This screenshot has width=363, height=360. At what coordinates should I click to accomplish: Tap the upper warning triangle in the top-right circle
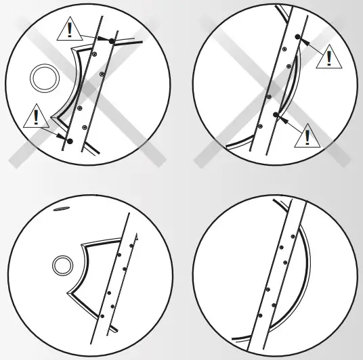pyautogui.click(x=328, y=56)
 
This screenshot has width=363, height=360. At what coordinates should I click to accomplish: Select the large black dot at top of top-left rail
pyautogui.click(x=112, y=42)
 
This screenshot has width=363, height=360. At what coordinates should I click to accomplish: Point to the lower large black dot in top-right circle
pyautogui.click(x=275, y=116)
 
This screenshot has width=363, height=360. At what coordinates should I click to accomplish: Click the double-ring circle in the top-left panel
pyautogui.click(x=44, y=78)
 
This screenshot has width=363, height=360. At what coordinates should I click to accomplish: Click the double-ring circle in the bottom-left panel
pyautogui.click(x=64, y=264)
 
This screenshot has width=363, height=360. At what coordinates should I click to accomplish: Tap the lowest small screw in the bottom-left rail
pyautogui.click(x=102, y=316)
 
